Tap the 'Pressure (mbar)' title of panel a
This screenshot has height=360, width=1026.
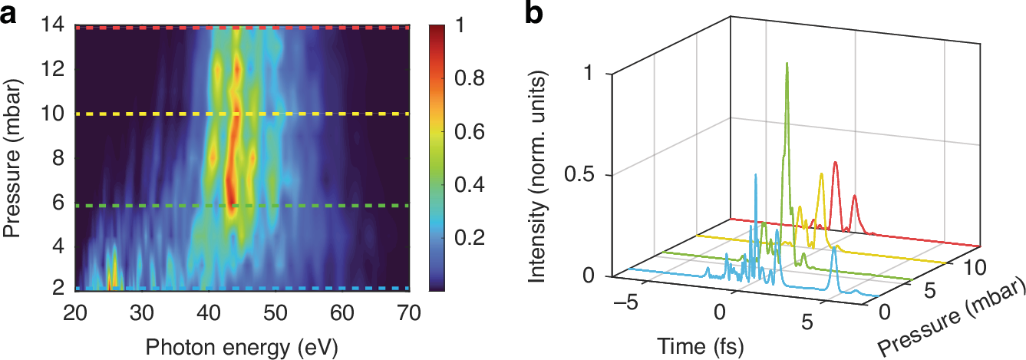15,157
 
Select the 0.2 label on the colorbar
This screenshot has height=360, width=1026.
457,239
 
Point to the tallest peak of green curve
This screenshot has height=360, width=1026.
787,64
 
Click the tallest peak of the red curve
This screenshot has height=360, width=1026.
835,163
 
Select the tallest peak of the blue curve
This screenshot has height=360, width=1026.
756,175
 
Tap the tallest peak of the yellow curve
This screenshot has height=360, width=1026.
821,174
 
